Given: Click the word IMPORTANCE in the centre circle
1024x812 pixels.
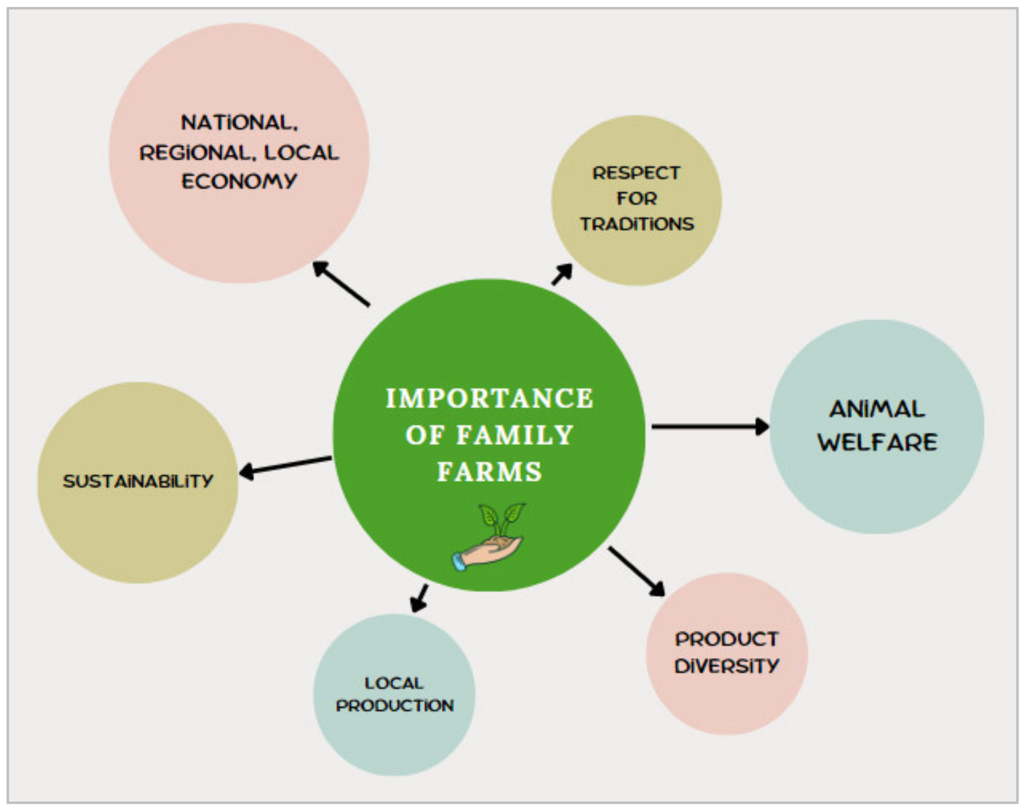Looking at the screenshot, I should click(489, 398).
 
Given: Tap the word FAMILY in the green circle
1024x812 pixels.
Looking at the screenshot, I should click(515, 435).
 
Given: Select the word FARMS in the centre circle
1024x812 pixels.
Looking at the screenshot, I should click(489, 472).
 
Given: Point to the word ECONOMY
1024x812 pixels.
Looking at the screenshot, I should click(239, 181).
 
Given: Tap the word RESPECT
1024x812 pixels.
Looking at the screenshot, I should click(636, 173).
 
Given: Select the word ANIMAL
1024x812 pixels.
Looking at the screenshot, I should click(877, 409).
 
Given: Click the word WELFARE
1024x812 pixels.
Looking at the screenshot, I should click(877, 442).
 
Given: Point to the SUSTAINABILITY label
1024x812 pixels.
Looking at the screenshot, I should click(138, 481).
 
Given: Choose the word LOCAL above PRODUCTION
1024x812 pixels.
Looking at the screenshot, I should click(394, 683).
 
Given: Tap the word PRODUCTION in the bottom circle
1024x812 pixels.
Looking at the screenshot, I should click(394, 706).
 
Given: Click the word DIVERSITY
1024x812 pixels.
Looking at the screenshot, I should click(727, 666).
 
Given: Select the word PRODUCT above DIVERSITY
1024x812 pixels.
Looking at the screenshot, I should click(727, 639).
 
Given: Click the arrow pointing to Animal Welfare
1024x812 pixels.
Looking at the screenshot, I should click(710, 426).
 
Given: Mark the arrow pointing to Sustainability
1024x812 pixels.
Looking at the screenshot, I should click(285, 465).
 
